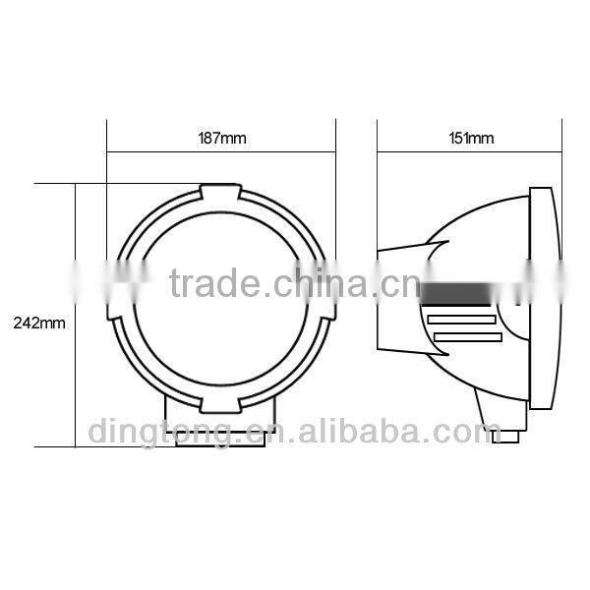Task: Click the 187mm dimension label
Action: click(x=221, y=139)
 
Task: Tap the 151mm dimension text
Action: click(x=468, y=139)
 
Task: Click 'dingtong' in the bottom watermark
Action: click(x=159, y=431)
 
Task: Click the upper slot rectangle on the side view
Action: click(x=461, y=319)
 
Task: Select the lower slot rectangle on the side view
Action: click(x=467, y=338)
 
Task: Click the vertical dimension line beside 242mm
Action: click(x=76, y=315)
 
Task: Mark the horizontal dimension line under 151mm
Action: click(x=468, y=151)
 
